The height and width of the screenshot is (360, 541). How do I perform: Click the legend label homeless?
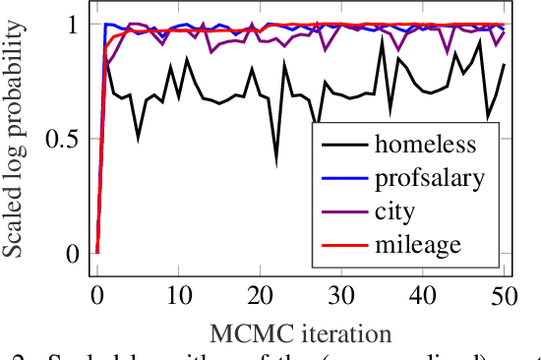pos(425,146)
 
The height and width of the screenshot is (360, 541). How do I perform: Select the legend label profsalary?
pos(428,178)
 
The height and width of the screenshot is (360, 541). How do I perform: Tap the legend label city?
pos(395,210)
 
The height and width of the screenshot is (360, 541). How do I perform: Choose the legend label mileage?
pos(419,243)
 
